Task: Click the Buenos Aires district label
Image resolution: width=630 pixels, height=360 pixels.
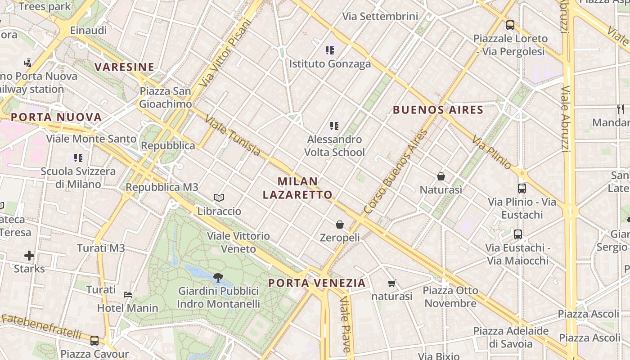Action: coord(438,110)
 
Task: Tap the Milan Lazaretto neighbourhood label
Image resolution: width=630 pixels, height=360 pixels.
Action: coord(297,188)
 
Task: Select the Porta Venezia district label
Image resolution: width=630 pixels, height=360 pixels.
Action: coord(317,283)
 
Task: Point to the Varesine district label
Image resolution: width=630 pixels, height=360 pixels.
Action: coord(124,67)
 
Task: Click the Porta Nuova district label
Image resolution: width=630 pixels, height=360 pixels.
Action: coord(56,117)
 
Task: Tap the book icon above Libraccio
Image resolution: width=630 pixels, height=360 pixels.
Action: coord(219,198)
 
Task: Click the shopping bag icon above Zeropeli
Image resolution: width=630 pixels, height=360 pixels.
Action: coord(340,224)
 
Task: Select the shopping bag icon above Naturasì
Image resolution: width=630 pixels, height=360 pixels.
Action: coord(441,176)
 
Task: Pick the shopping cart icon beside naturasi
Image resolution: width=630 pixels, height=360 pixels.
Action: coord(391,283)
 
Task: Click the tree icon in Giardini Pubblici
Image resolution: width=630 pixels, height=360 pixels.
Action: coord(218,277)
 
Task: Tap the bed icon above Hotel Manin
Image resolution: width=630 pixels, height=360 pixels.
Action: coord(128,295)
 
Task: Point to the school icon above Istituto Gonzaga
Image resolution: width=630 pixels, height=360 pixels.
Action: coord(330,50)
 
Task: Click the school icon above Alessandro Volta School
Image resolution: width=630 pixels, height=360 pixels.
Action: coord(334,126)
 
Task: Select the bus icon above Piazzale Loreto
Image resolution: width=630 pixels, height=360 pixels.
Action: coord(510,25)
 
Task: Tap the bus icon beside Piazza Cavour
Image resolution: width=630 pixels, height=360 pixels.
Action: coord(94,341)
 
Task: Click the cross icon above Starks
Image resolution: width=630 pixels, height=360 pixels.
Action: coord(29,256)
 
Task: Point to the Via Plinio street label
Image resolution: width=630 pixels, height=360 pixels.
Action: coord(492,153)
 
